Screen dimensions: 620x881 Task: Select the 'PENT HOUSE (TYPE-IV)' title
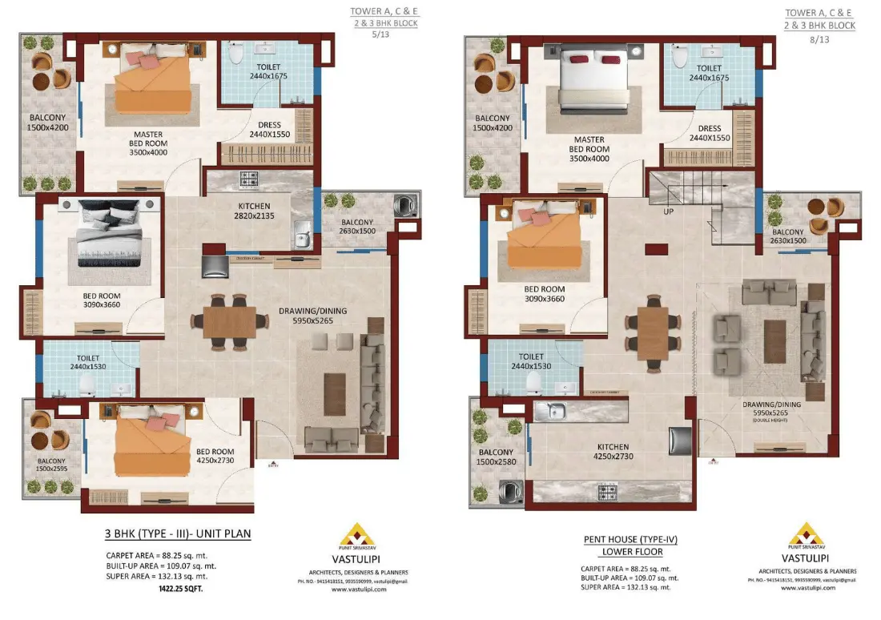pyautogui.click(x=624, y=539)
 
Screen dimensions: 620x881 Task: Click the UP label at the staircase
pyautogui.click(x=667, y=212)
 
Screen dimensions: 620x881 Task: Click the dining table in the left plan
pyautogui.click(x=229, y=322)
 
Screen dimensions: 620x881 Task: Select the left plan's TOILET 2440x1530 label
pyautogui.click(x=87, y=361)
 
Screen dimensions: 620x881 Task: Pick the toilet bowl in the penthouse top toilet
pyautogui.click(x=680, y=56)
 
